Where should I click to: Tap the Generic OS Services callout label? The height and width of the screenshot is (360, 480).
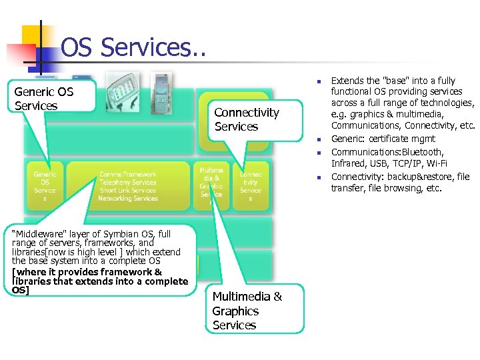44,99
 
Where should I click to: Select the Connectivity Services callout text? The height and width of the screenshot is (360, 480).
246,119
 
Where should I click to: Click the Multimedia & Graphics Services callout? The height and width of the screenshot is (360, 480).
247,311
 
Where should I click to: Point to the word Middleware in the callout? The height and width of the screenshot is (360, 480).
39,234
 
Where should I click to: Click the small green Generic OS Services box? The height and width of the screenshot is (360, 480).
45,186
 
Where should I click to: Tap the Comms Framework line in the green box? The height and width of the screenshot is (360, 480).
128,175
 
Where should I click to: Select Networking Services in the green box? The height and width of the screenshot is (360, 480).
128,199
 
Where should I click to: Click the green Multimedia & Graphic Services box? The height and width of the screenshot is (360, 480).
211,182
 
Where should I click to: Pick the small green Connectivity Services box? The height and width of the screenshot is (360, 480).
251,186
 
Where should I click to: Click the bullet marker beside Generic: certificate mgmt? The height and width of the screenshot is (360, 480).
319,139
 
